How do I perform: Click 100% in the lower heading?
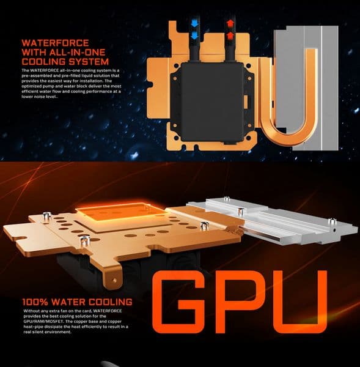coord(37,302)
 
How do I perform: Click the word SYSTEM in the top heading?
coord(87,62)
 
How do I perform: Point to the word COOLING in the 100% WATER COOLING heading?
coord(110,302)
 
